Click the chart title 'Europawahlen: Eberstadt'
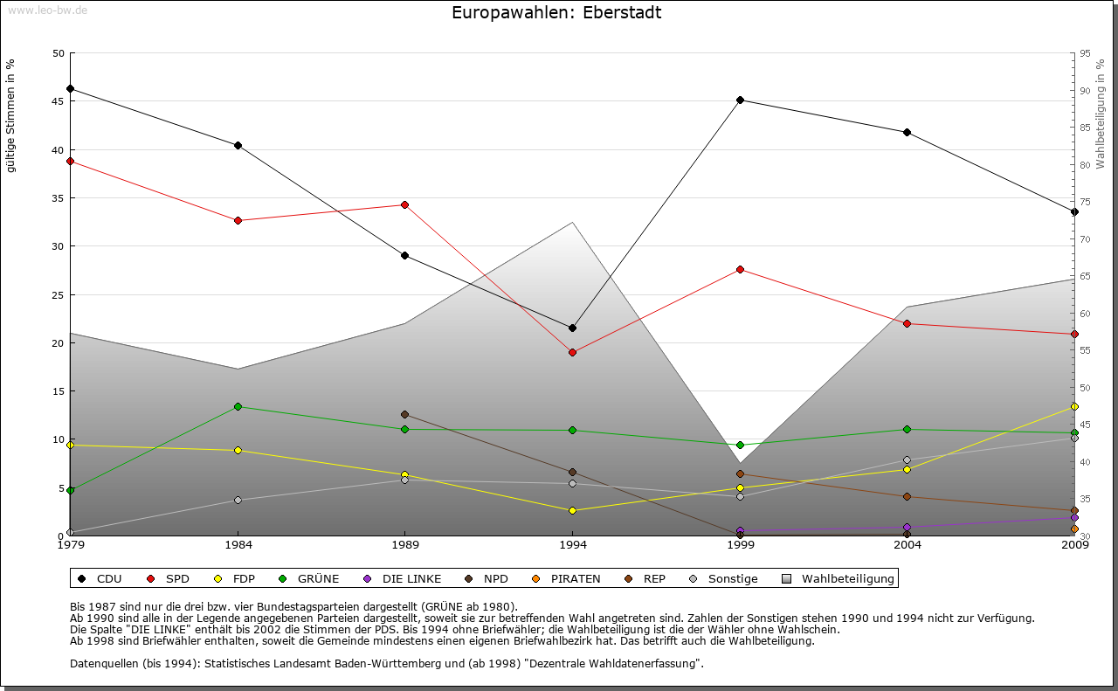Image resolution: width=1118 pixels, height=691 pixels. (556, 13)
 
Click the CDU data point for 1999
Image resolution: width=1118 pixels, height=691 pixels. (740, 100)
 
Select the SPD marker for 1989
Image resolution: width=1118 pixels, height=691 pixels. (404, 204)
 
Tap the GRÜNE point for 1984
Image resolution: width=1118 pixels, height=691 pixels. (238, 406)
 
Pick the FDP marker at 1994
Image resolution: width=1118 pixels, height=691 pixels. (572, 510)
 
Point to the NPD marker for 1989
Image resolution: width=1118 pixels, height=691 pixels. (404, 414)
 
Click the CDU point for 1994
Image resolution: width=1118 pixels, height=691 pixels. (572, 328)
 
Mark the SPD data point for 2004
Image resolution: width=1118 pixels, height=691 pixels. (908, 323)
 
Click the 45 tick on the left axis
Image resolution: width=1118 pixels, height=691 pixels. (59, 101)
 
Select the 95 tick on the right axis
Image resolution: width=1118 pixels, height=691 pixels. (1085, 53)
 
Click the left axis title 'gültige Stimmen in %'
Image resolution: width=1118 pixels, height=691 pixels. (10, 115)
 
